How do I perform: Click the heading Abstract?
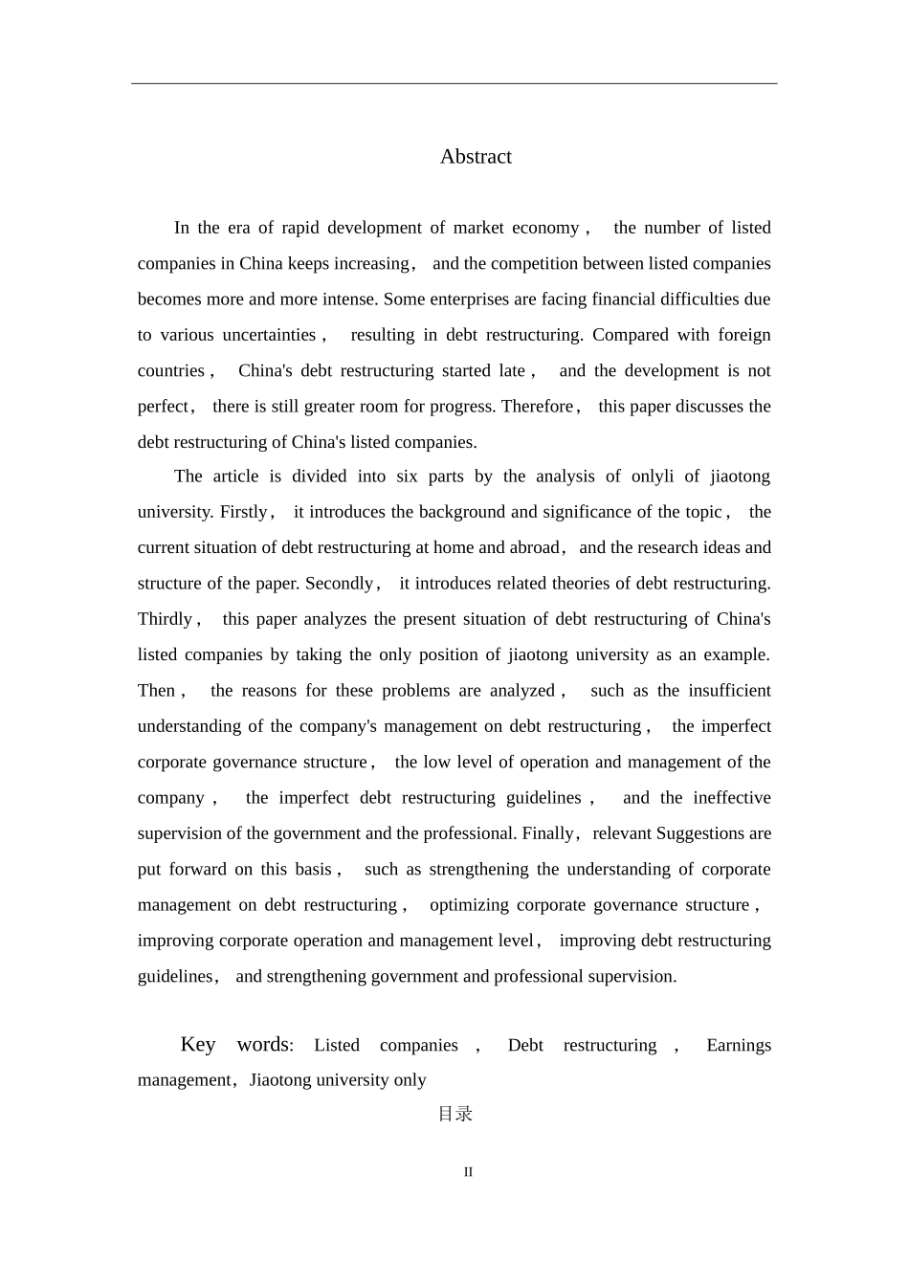click(476, 157)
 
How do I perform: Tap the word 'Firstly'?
click(244, 512)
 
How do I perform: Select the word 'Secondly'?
click(340, 584)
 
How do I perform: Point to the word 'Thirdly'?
click(166, 619)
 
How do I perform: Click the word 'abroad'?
click(534, 548)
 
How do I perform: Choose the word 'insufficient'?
click(730, 691)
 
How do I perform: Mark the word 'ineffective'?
click(732, 798)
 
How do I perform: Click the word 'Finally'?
click(547, 833)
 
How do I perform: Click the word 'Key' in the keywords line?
click(198, 1044)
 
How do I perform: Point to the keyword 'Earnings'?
click(739, 1046)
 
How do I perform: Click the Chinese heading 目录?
click(455, 1114)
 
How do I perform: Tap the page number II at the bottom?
click(468, 1172)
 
